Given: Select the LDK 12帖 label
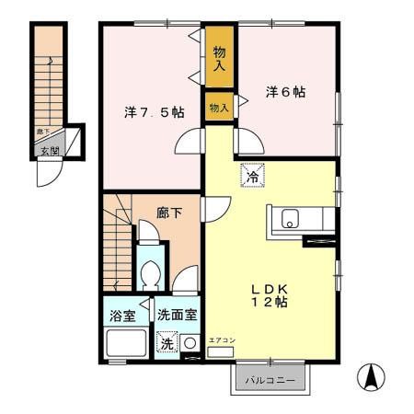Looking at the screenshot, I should pos(271,293).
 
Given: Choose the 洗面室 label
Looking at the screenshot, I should pos(175,316).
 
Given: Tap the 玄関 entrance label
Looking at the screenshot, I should pos(47,151).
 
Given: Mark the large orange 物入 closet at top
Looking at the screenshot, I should pos(219,59).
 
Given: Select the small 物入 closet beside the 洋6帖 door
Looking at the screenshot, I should pos(219,108).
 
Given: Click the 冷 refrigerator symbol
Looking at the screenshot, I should pos(250,175).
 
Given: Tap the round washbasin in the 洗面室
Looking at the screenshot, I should pos(190,343).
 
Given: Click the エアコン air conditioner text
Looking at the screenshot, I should pos(222,341).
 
